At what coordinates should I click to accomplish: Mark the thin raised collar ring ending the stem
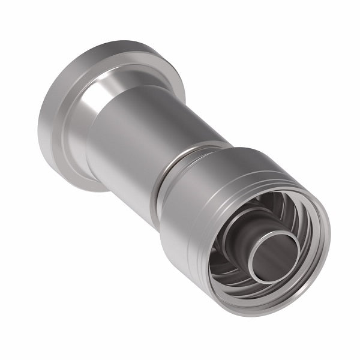tap(180, 157)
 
